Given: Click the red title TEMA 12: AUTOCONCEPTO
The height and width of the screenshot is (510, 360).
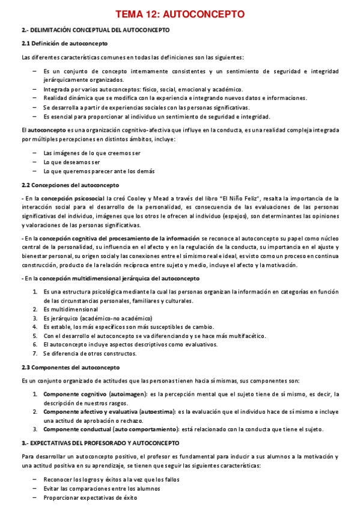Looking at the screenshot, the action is click(180, 13).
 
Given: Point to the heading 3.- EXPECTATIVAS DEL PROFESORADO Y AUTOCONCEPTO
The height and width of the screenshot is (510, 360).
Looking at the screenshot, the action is click(100, 442).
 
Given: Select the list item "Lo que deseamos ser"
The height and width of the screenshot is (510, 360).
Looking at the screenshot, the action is click(72, 162).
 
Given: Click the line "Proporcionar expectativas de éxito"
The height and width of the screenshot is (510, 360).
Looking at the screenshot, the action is click(90, 497).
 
